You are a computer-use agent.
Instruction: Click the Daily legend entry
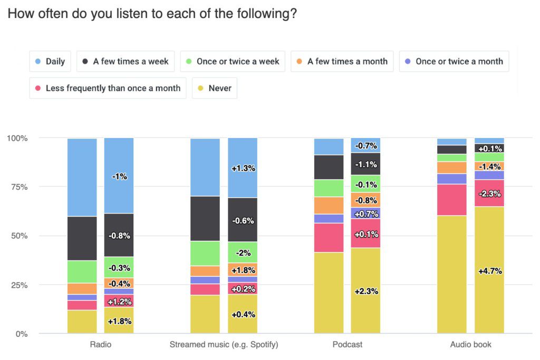(x=49, y=61)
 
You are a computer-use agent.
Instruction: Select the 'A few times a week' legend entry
(x=125, y=61)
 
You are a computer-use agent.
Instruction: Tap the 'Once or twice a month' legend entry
(x=454, y=61)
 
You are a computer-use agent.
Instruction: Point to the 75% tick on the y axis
(x=17, y=187)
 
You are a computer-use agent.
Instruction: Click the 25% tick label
(x=17, y=285)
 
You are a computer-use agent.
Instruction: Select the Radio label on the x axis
(x=100, y=345)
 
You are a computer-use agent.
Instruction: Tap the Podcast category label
(x=348, y=345)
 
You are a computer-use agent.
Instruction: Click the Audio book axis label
(x=471, y=345)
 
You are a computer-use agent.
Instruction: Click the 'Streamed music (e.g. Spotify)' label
(x=224, y=345)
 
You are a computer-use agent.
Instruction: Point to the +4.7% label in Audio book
(x=489, y=271)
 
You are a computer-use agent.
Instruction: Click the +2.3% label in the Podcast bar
(x=366, y=291)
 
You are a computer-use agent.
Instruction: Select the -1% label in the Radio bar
(x=119, y=177)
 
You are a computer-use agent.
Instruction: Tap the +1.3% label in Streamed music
(x=243, y=169)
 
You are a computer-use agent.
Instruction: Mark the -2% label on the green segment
(x=243, y=252)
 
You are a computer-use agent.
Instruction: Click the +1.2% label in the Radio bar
(x=119, y=302)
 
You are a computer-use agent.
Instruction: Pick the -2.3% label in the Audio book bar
(x=489, y=194)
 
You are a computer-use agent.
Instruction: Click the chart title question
(x=152, y=14)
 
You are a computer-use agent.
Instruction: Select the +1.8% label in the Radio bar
(x=119, y=321)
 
